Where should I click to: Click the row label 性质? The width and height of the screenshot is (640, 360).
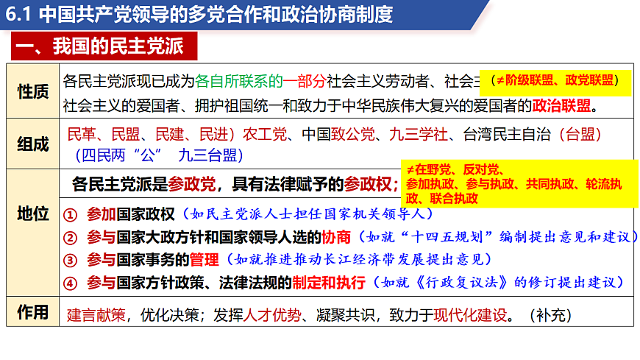[x=32, y=92]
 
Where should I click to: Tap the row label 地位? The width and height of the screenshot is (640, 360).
[x=32, y=214]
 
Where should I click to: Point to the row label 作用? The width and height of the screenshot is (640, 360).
[x=32, y=312]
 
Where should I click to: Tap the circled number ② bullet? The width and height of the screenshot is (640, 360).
[x=70, y=238]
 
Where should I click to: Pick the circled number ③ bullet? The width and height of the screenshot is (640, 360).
[x=70, y=260]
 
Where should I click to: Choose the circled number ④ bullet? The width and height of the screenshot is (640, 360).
[x=70, y=283]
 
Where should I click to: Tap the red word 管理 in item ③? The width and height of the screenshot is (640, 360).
[x=205, y=260]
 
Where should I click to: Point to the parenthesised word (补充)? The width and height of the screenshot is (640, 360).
[x=550, y=315]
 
